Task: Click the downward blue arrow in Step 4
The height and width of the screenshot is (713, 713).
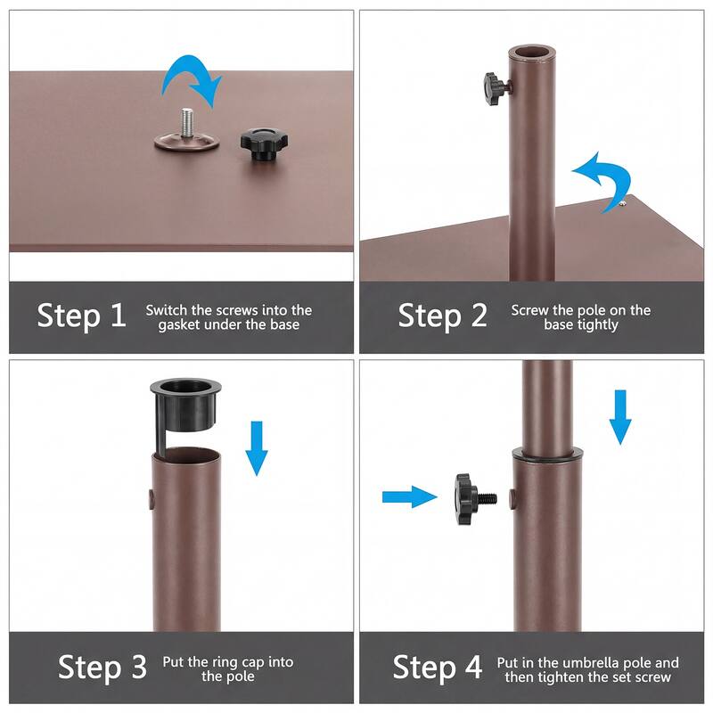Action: click(x=621, y=415)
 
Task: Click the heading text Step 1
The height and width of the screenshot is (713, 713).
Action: click(x=82, y=316)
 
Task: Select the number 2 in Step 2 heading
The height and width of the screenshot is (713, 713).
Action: click(x=479, y=316)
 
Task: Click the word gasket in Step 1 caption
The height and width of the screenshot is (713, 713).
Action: click(x=184, y=325)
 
